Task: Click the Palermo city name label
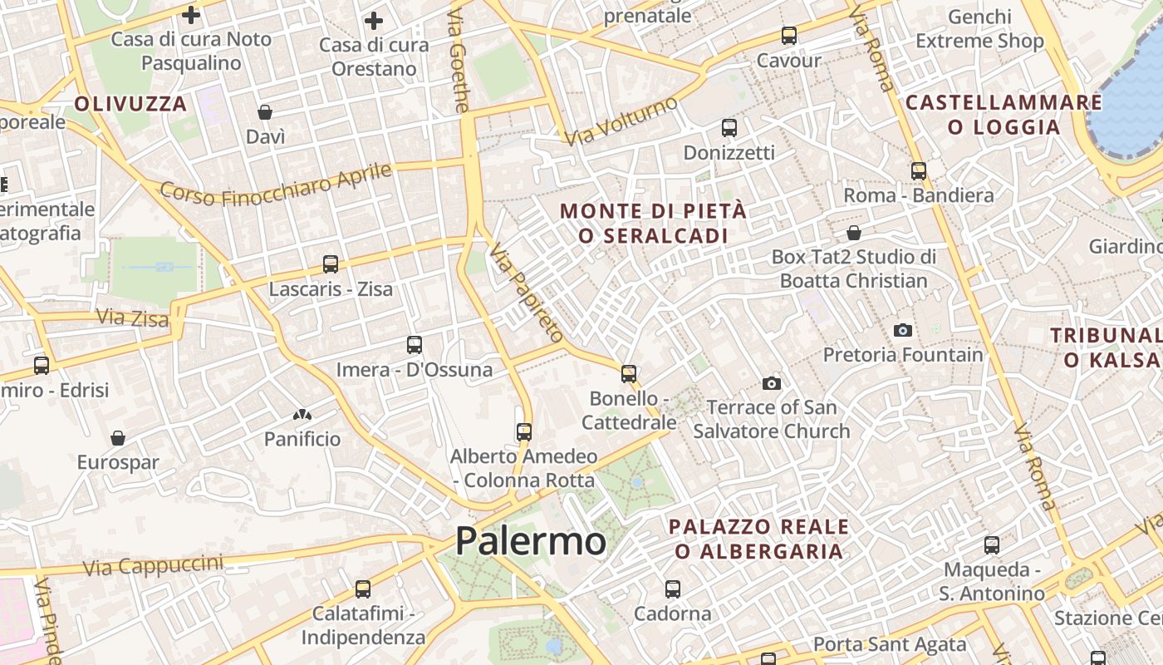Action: [531, 541]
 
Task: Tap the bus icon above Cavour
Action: [788, 36]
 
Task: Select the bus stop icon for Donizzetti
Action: [729, 128]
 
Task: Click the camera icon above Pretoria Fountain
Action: [903, 330]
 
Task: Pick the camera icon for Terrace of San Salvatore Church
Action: [772, 383]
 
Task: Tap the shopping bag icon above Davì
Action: [265, 112]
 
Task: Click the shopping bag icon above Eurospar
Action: [118, 438]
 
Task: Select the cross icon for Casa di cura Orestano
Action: [374, 21]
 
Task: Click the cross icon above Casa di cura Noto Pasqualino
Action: [191, 15]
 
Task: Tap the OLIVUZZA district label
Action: [130, 104]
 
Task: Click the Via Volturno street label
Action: [621, 121]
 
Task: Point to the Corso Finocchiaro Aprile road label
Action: [275, 185]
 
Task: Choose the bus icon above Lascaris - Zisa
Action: [331, 264]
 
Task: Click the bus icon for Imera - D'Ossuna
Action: [414, 344]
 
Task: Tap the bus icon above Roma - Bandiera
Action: [918, 170]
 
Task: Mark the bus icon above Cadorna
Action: [672, 589]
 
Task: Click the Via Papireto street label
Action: [526, 292]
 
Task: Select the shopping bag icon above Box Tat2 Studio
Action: [853, 233]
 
